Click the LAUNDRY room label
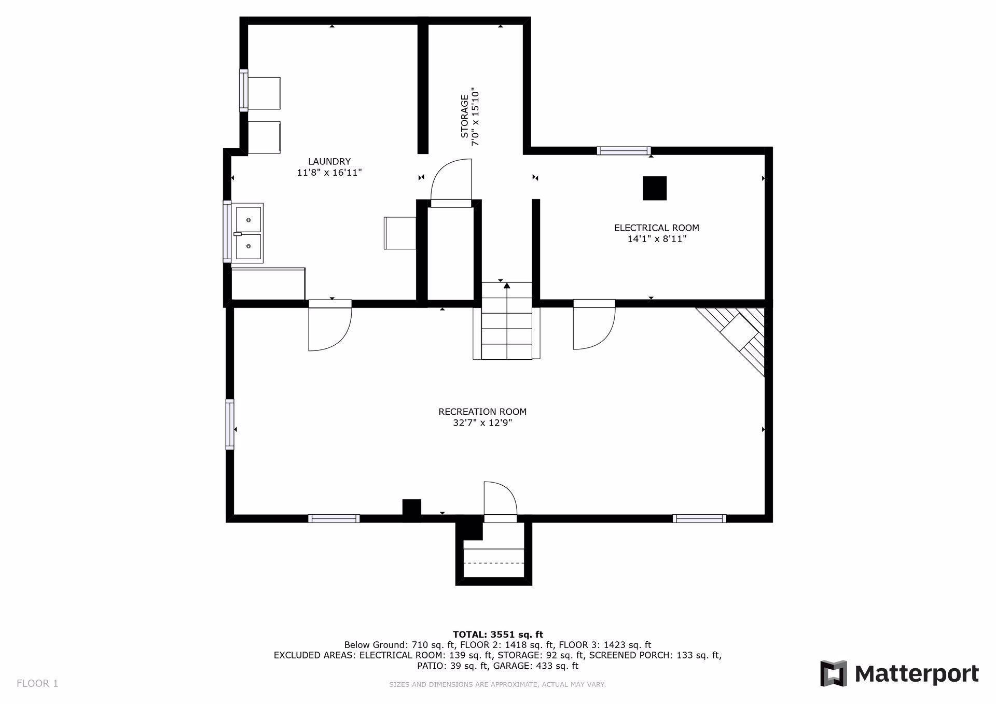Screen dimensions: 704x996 click(329, 161)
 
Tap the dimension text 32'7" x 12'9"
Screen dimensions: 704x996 click(482, 423)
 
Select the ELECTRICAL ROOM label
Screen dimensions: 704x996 click(656, 228)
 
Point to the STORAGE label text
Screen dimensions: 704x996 click(464, 116)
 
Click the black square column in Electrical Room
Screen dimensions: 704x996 click(654, 188)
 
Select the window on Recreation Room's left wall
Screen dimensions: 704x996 click(230, 424)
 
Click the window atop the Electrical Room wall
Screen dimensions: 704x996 click(623, 151)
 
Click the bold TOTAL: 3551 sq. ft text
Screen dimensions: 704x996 click(497, 634)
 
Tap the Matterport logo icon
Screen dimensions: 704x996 click(833, 673)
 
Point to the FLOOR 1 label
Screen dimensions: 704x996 click(37, 683)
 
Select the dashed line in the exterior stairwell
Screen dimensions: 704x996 click(493, 563)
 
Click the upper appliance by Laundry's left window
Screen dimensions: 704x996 click(265, 93)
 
